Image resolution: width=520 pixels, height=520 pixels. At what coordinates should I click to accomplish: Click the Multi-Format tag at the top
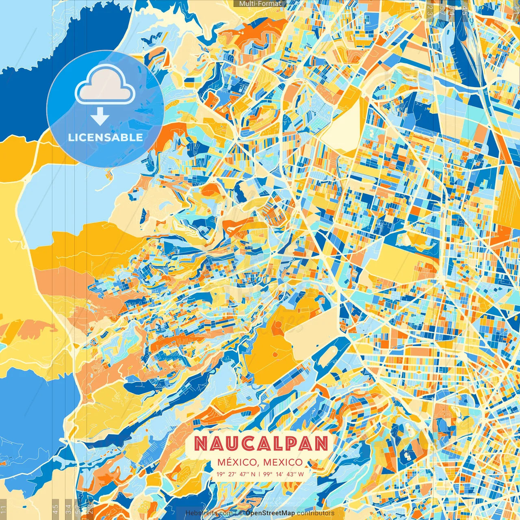click(x=260, y=4)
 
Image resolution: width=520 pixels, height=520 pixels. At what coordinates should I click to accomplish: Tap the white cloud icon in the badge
click(x=105, y=86)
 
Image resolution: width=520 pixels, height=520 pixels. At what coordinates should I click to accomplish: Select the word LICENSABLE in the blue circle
click(x=105, y=137)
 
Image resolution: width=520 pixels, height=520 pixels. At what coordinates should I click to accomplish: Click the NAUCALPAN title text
click(x=260, y=444)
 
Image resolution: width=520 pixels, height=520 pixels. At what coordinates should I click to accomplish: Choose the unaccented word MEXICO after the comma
click(x=283, y=462)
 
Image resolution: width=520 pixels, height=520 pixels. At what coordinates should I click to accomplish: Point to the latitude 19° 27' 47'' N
click(x=236, y=474)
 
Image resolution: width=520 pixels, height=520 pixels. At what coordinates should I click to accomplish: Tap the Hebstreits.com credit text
click(x=209, y=513)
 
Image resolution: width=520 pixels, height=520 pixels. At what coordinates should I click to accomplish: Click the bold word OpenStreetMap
click(x=270, y=513)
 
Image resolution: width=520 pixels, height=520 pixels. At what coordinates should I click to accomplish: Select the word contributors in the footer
click(x=316, y=513)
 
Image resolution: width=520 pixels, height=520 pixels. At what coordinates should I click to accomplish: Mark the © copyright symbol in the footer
click(x=241, y=513)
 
